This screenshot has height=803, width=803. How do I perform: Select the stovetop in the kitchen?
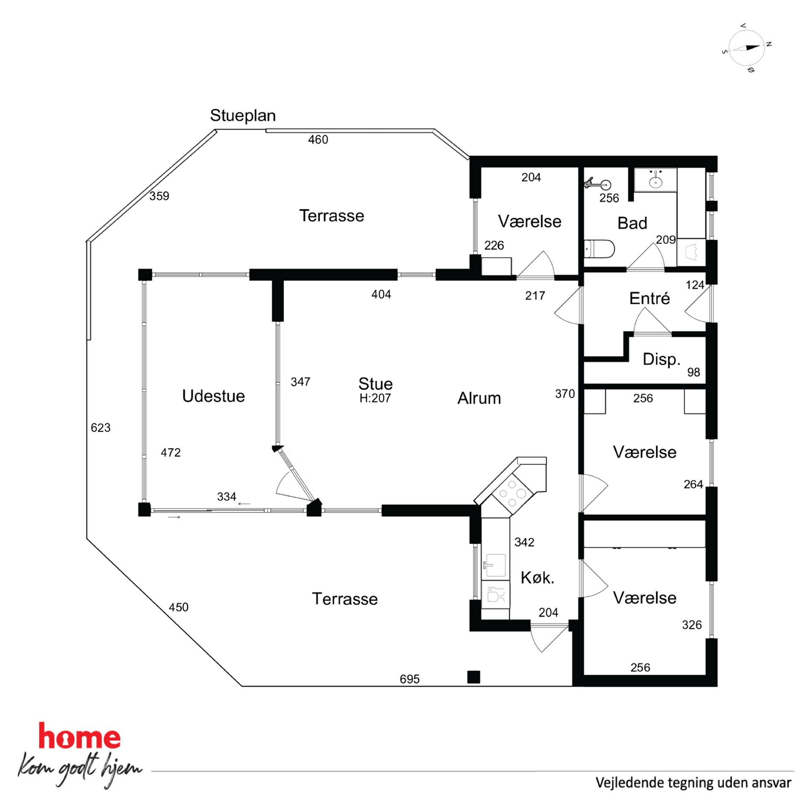point(512,494)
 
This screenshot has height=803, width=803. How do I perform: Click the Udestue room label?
point(213,396)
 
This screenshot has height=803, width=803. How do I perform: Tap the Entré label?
point(649,298)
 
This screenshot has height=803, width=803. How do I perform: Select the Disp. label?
point(661,359)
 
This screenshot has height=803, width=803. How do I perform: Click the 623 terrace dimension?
point(101,428)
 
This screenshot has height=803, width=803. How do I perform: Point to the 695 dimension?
point(410,679)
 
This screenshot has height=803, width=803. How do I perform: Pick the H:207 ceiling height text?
point(375,398)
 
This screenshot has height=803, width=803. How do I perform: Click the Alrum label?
point(479,398)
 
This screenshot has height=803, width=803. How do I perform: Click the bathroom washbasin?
point(655,180)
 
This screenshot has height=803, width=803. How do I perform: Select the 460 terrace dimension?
point(318,140)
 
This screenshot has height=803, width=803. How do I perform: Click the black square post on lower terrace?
point(474,677)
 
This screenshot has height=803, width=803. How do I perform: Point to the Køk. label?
point(537,578)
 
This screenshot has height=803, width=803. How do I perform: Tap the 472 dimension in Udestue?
point(171,452)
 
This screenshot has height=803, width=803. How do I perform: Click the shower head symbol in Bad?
point(598,184)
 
